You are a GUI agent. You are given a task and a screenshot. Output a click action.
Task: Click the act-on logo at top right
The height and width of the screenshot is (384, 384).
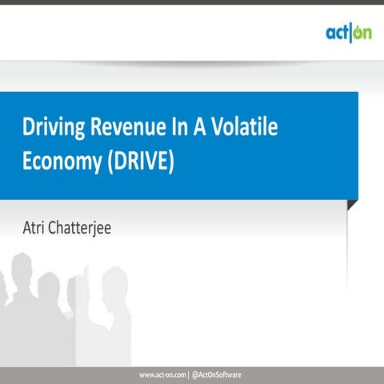point(348,33)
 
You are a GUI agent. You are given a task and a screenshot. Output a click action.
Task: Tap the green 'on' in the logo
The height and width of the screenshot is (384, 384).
point(361,34)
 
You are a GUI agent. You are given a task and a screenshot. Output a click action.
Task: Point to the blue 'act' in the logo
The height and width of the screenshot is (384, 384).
point(336,34)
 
